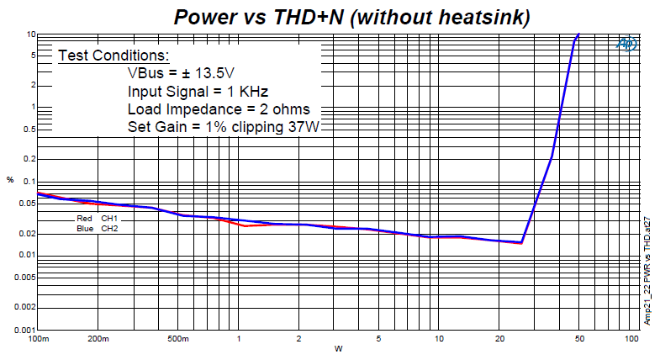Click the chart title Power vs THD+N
351,16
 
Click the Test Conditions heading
114,56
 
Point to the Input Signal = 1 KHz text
198,91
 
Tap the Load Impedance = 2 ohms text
219,109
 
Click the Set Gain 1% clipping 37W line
224,127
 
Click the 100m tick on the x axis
40,340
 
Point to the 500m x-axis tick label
177,340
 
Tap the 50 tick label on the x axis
579,340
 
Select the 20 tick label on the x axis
499,340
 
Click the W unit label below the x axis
338,349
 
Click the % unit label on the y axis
10,180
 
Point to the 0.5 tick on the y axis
28,129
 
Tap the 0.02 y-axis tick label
26,233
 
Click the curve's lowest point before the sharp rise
521,243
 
